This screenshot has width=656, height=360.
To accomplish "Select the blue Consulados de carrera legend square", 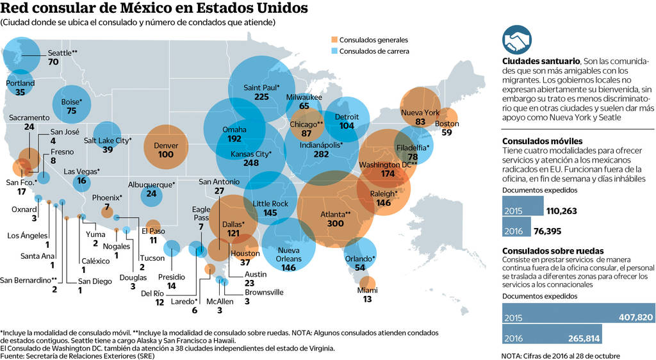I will [x=334, y=51].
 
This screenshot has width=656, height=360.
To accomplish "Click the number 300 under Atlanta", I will [x=335, y=224].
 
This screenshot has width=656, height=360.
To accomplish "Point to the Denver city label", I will [x=166, y=145].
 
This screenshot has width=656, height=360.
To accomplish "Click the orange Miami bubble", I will [x=367, y=282].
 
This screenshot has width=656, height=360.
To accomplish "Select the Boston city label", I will [x=447, y=124].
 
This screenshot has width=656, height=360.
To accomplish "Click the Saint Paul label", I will [x=261, y=87].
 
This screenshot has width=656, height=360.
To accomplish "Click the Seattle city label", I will [x=63, y=53].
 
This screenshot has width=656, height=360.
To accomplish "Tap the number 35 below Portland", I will [x=20, y=92].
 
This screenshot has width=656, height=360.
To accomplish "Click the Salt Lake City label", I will [x=108, y=140].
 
